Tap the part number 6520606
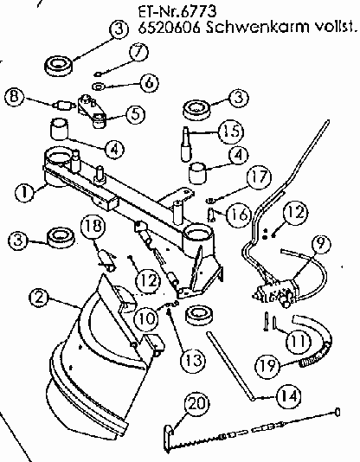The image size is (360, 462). pos(170,28)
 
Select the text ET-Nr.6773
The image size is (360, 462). pos(177,12)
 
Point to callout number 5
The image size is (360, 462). pos(136,113)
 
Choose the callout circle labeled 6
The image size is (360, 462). pos(150,83)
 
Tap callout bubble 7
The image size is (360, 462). pos(139,53)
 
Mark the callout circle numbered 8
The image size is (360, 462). pos(14,97)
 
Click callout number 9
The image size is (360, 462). pos(320,243)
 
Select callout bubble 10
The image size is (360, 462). pos(146,318)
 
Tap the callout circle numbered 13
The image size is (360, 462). pos(192,360)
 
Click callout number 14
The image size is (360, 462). pos(289,396)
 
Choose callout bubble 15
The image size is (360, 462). pos(231,132)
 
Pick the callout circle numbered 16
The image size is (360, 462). pos(239,215)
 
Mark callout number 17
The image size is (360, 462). pos(259,177)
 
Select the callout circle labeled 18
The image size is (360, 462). pos(93,227)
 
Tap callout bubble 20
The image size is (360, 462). pos(196,403)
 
